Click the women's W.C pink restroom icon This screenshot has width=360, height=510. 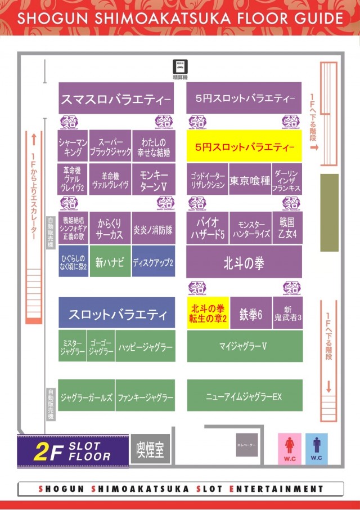290,449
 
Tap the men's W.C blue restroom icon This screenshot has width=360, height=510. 317,449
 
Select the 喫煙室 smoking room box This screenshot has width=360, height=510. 150,450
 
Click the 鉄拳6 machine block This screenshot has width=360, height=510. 251,314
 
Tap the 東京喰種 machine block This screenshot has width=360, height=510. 250,181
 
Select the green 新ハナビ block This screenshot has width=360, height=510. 110,261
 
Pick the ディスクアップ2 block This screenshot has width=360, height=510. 153,262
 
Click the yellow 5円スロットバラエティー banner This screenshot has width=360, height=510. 245,147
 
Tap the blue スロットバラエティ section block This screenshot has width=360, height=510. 116,313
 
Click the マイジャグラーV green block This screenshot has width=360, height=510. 245,346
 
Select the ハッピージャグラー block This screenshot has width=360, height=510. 146,346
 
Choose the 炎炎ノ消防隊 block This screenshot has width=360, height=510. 153,229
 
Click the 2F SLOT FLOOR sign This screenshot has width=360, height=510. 72,451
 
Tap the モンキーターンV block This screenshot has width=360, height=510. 153,180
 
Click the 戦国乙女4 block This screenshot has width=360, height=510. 287,227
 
